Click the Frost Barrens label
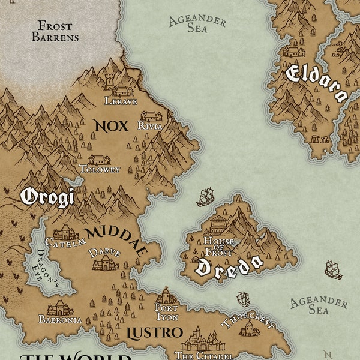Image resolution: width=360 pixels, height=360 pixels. [x=58, y=31]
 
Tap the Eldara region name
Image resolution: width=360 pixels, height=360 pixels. [x=316, y=83]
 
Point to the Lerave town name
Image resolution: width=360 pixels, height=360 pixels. [x=121, y=101]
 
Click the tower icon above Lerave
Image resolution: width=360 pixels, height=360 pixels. [x=109, y=82]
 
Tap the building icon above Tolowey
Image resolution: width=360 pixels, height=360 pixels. [x=99, y=160]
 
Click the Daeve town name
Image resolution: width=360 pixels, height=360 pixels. [x=104, y=253]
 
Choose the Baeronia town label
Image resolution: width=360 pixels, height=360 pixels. [x=59, y=320]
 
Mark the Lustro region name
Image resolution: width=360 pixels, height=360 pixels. [x=155, y=332]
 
